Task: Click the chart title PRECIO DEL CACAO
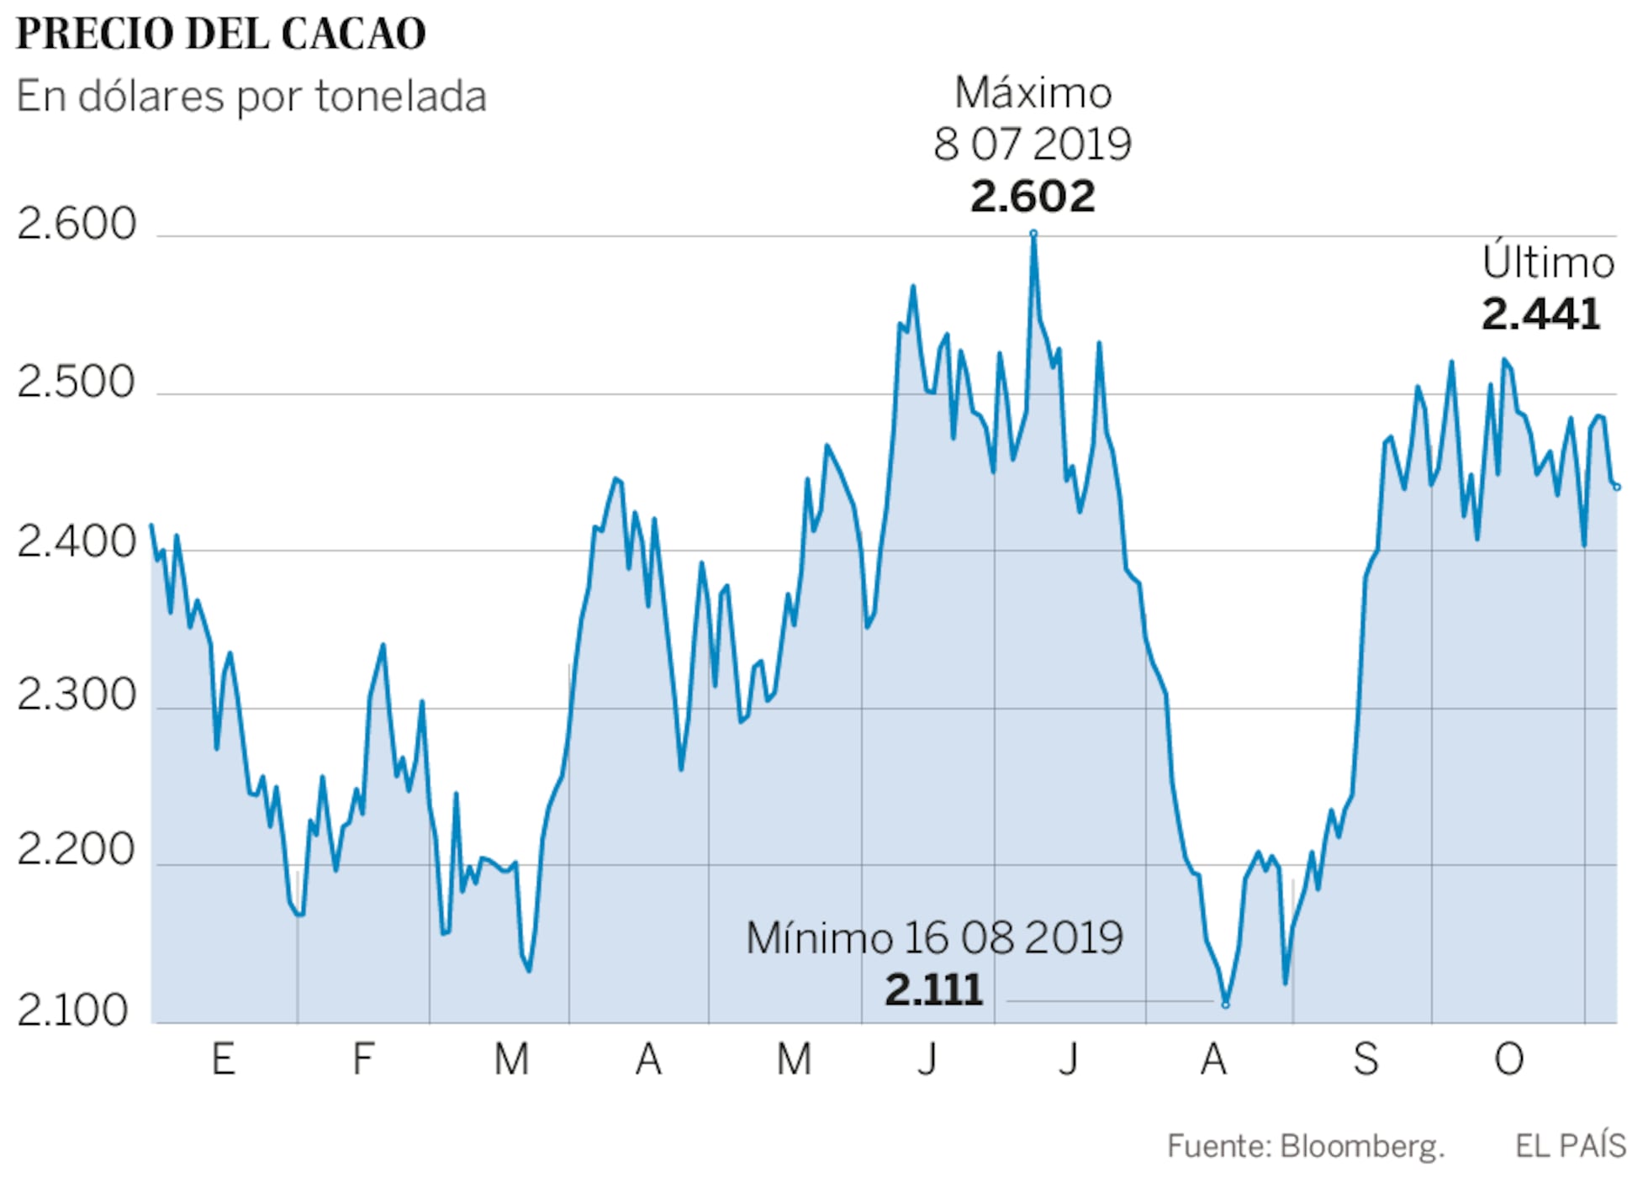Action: (x=220, y=34)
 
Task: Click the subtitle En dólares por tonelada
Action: (x=251, y=96)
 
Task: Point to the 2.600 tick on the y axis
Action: (x=77, y=224)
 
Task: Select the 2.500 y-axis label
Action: (x=77, y=383)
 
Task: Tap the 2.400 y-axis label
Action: (x=77, y=541)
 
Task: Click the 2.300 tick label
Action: (x=77, y=696)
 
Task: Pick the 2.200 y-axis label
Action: (x=77, y=850)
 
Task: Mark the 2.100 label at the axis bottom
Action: (x=73, y=1010)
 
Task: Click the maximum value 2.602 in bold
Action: (x=1033, y=197)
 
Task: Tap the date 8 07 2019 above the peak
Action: (x=1032, y=145)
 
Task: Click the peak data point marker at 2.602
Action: (x=1033, y=234)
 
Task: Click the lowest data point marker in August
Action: (x=1225, y=1004)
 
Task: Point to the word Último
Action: (x=1547, y=262)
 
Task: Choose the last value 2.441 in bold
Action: (x=1540, y=314)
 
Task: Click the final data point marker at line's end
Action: (x=1616, y=487)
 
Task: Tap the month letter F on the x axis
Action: (x=362, y=1059)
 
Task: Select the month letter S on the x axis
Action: (x=1365, y=1059)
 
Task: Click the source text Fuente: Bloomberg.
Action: (x=1305, y=1146)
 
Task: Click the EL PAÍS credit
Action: (x=1570, y=1146)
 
